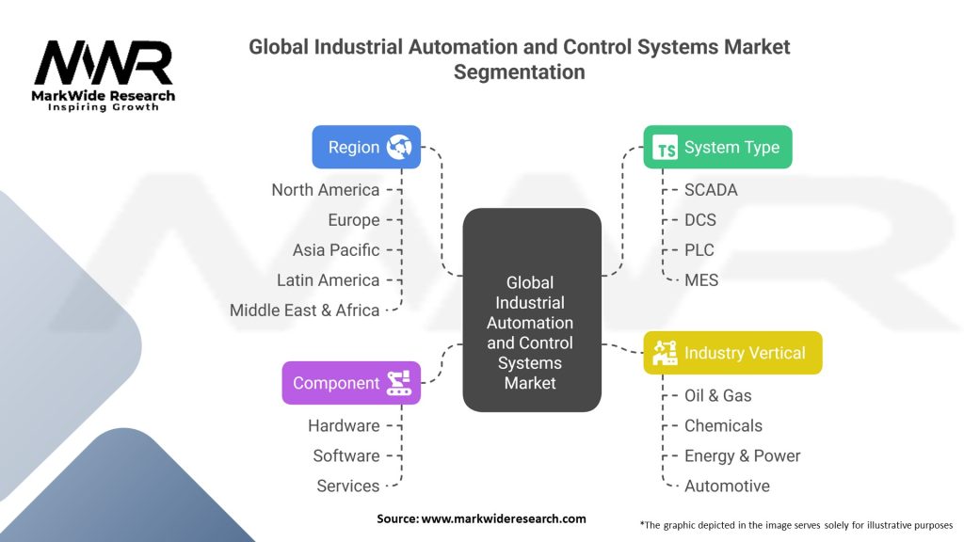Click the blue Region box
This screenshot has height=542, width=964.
point(366,147)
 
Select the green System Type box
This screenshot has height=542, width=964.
point(717,147)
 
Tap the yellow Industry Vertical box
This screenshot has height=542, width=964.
point(732,353)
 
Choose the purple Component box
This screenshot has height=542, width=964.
point(351,383)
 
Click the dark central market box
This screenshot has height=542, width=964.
point(532,310)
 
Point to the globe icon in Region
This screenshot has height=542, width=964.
point(399,147)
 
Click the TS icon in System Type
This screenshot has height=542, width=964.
point(666,148)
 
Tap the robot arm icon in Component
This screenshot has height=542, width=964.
point(399,383)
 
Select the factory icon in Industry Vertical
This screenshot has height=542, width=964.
point(665,353)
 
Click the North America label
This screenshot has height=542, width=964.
point(325,190)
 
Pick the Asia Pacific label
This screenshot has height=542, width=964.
point(336,250)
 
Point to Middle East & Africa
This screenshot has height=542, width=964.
point(304,311)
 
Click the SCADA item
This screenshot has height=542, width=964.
point(711,190)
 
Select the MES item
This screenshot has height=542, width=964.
point(700,280)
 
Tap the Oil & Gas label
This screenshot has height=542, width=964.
point(717,396)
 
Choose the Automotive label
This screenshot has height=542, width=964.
point(727,486)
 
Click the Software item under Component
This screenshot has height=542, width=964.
point(346,456)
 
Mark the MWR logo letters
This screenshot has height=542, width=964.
point(104,63)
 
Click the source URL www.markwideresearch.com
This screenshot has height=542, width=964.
point(504,518)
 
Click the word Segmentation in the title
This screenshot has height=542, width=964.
point(520,72)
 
